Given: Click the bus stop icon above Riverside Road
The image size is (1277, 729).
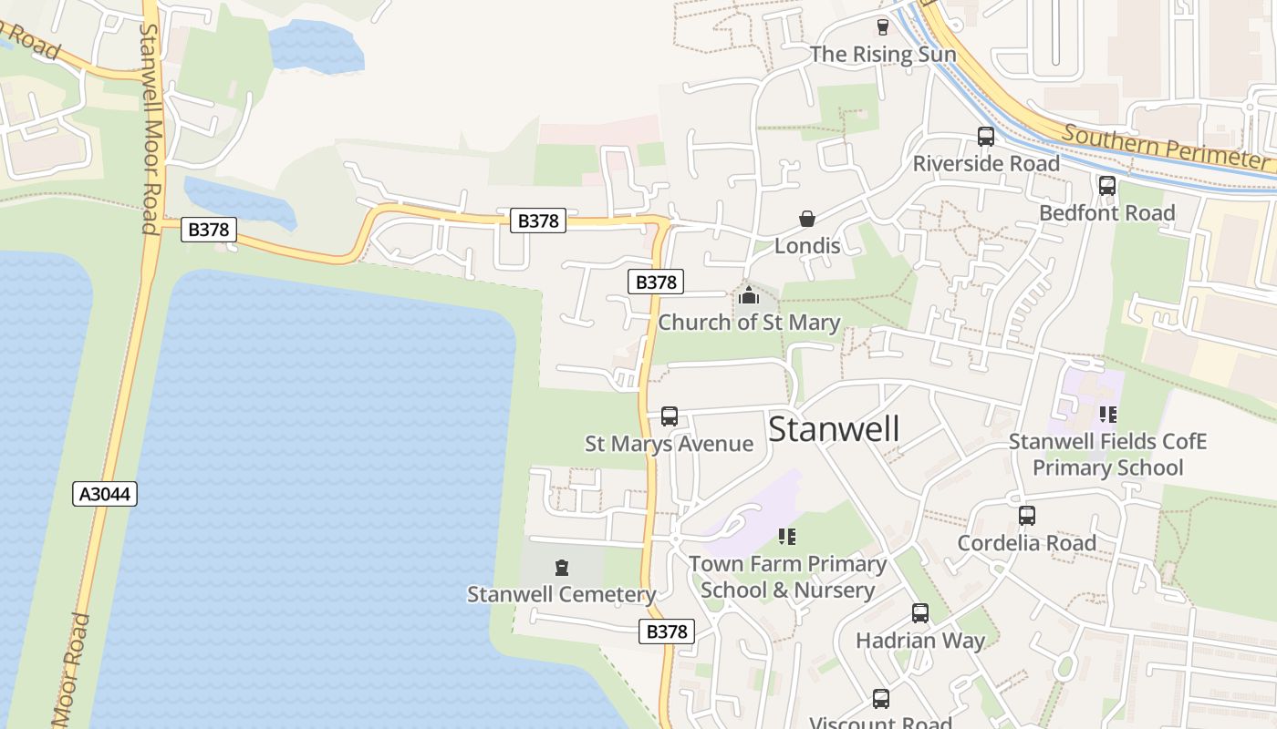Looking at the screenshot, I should point(986,137).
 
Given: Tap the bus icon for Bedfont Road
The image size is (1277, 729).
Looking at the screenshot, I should point(1106,186).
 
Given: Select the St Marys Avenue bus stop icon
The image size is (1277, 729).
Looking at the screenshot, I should point(669,416).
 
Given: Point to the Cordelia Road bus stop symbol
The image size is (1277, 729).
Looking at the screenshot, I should point(1027,516).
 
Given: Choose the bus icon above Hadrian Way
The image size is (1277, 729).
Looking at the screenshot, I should point(920,613).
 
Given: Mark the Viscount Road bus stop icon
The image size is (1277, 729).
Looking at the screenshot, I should point(880,699).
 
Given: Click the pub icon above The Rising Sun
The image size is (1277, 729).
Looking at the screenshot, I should point(882,27).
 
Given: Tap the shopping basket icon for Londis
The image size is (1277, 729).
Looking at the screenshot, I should point(807,219).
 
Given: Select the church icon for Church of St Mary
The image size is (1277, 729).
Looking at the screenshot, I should point(749,295).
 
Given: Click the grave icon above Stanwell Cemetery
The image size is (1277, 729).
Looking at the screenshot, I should point(562,568).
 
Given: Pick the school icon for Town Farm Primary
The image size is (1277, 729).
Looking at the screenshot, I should point(787,537).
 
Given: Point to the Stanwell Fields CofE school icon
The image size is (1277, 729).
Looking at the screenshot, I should point(1107,415).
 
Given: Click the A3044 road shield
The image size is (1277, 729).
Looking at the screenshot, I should point(105,494).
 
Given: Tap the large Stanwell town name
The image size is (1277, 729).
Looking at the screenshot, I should point(834,429).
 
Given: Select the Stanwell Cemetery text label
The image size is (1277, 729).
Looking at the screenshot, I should point(562,595).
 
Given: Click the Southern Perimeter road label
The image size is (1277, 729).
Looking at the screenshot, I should point(1168,146).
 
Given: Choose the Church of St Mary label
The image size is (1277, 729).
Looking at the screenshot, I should point(749,323).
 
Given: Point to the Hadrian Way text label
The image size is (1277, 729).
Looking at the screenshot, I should point(920,641).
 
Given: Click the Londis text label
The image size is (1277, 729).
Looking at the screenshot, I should point(807,246).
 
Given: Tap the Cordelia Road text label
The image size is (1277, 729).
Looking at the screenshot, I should point(1027,543).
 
